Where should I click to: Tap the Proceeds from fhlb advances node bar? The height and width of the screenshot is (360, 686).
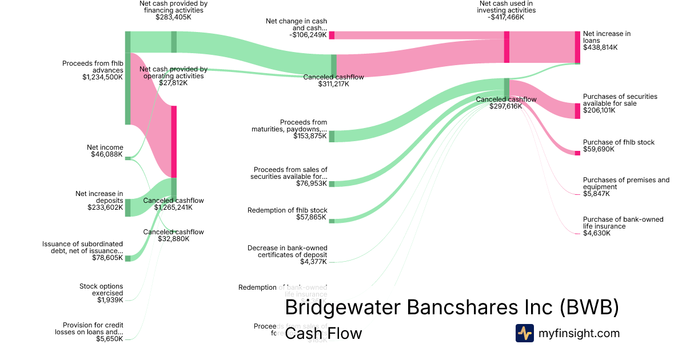pos(127,89)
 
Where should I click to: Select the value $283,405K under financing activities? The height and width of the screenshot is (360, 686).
pos(173,17)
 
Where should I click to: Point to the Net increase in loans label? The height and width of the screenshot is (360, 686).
pos(607,37)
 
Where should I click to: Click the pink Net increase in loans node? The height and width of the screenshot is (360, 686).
pos(577,47)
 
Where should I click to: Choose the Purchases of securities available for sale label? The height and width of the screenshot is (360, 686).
pos(620,100)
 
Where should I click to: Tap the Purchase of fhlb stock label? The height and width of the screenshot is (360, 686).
pos(619,142)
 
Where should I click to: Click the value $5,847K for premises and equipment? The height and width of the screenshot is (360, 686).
pos(596,194)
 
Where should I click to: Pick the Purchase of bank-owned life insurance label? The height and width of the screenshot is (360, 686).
pos(618,223)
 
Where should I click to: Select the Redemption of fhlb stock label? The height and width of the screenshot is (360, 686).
pos(288,210)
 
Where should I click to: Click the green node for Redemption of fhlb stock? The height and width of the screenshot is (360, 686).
pos(332,221)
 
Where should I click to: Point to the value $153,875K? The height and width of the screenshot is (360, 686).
pos(310,136)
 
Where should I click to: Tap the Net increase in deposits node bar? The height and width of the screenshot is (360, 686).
pos(127,208)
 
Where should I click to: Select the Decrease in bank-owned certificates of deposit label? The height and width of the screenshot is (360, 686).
pos(288,251)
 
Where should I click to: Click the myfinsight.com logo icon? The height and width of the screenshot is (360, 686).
pos(524,333)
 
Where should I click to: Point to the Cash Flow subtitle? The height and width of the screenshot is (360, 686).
pos(323,333)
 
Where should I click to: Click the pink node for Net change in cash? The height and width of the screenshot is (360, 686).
pos(332,35)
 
